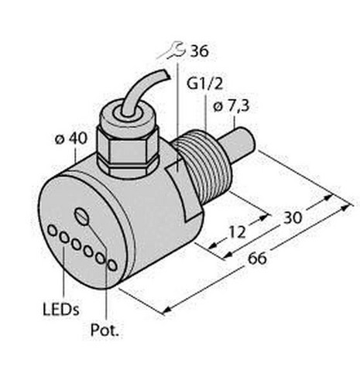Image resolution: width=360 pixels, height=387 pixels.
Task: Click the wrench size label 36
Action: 199,51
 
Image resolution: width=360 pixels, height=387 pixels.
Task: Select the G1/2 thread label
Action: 204,84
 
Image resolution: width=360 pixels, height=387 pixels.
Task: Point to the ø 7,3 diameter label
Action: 231,106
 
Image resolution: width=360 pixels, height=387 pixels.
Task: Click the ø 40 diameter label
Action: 71,139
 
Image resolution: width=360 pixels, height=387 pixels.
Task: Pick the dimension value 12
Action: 237,232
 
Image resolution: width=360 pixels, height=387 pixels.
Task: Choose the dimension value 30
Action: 293,217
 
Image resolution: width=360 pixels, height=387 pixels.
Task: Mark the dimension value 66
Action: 257,259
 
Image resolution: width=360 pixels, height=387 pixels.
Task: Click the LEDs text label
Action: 61,310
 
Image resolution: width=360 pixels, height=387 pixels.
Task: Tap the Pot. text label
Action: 105,330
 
